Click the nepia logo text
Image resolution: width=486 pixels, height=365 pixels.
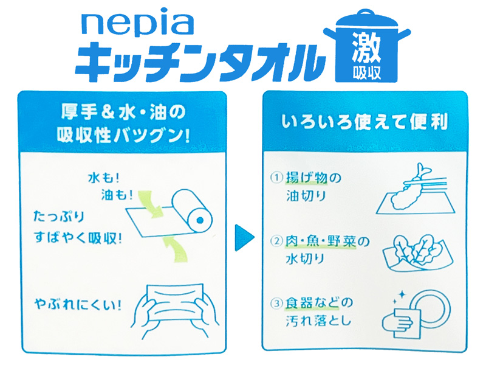pyautogui.click(x=137, y=25)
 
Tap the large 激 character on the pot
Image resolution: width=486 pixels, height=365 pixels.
pyautogui.click(x=366, y=47)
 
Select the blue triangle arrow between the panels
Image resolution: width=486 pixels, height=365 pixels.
pyautogui.click(x=244, y=238)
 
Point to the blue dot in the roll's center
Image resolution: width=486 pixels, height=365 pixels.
pyautogui.click(x=200, y=220)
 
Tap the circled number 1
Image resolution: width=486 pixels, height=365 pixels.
pyautogui.click(x=277, y=178)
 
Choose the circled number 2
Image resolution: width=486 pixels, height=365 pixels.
pyautogui.click(x=277, y=241)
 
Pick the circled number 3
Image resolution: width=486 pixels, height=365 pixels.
pyautogui.click(x=277, y=303)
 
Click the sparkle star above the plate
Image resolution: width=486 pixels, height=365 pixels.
pyautogui.click(x=402, y=294)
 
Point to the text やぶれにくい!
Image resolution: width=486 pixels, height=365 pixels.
pyautogui.click(x=78, y=305)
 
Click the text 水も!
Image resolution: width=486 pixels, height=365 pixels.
pyautogui.click(x=103, y=178)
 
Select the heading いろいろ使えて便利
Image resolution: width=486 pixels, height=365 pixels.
pyautogui.click(x=365, y=122)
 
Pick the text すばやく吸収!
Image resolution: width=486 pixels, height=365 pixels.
pyautogui.click(x=78, y=238)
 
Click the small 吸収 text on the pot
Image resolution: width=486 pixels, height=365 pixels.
pyautogui.click(x=366, y=72)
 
